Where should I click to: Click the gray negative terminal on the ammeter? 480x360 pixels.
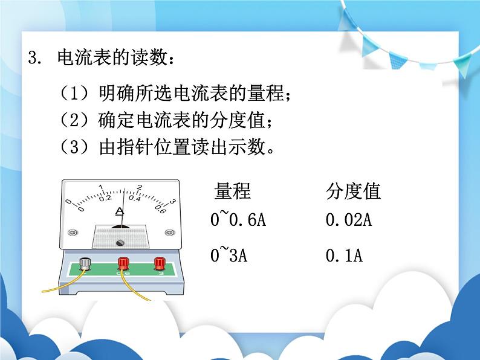pos(85,263)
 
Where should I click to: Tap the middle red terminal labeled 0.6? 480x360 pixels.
pos(123,263)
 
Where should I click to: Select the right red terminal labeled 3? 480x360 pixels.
pos(160,263)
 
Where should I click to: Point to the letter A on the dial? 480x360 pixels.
pos(120,211)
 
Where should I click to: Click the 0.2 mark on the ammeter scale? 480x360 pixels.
pos(106,197)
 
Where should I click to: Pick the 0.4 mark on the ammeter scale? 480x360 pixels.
pos(134,197)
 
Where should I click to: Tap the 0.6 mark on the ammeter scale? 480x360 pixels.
pos(160,210)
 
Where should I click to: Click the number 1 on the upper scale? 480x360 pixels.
pos(100,187)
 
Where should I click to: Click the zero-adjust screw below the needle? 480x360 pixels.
pos(120,243)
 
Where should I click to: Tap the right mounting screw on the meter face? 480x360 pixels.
pos(170,231)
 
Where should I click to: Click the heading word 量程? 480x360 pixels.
pos(232,191)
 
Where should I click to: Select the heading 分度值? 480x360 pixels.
pos(353,191)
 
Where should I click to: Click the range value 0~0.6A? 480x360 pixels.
pos(238,220)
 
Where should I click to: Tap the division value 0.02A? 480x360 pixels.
pos(348,220)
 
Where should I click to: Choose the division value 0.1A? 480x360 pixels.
pos(343,256)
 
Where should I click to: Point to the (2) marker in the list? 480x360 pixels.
pos(74,120)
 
